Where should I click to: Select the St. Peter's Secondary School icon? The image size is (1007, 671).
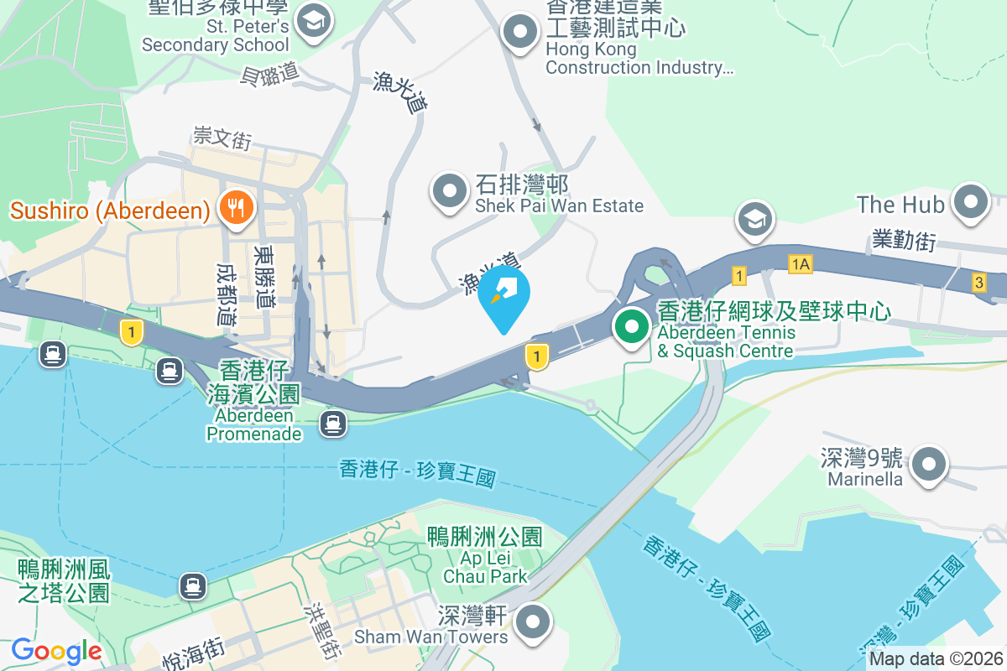[x=315, y=22]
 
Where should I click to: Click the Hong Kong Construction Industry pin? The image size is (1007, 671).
[x=520, y=33]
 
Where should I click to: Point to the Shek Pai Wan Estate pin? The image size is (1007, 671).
[x=449, y=190]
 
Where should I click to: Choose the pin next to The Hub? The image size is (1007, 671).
[x=972, y=202]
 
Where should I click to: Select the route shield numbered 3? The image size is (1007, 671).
[x=979, y=283]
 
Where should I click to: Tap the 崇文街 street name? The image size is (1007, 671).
[x=222, y=137]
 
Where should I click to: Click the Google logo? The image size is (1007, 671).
[x=56, y=651]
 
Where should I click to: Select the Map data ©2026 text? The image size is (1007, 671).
[x=936, y=659]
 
